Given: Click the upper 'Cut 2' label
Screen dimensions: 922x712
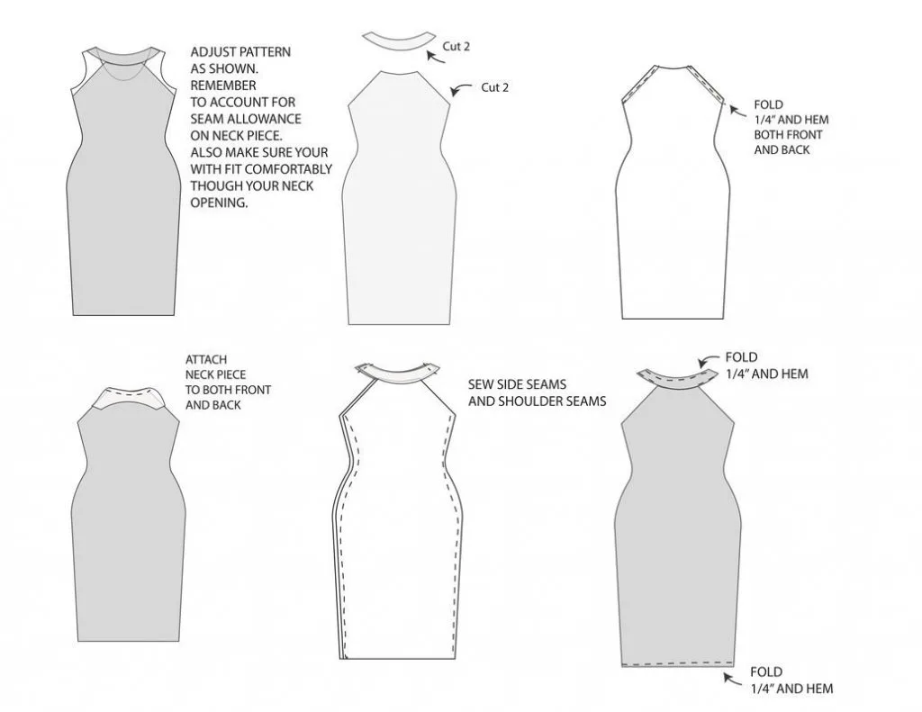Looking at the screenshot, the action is pyautogui.click(x=456, y=47).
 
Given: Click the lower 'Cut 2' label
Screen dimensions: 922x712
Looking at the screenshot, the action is pyautogui.click(x=494, y=87).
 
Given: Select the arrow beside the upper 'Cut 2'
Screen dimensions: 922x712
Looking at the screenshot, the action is pyautogui.click(x=435, y=57).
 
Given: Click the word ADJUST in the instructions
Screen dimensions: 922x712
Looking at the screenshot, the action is pyautogui.click(x=211, y=51).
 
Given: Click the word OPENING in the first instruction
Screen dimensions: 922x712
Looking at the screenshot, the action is pyautogui.click(x=219, y=203).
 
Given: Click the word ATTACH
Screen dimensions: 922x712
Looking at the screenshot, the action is pyautogui.click(x=206, y=359).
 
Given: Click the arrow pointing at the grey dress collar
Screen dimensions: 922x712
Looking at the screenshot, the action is pyautogui.click(x=708, y=360).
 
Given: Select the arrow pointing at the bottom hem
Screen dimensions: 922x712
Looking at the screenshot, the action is pyautogui.click(x=733, y=680).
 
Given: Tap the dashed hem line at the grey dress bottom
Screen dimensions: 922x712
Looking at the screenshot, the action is pyautogui.click(x=678, y=665).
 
